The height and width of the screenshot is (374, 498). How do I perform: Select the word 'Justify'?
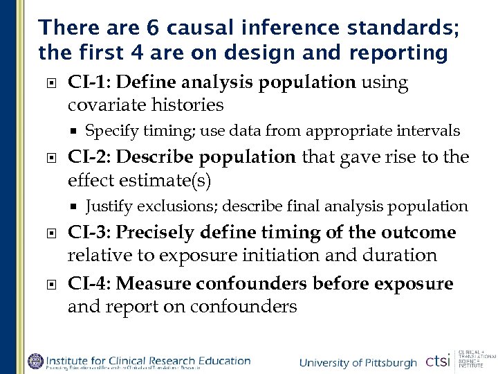coord(109,206)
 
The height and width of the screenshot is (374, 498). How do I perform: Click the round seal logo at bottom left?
coord(35,361)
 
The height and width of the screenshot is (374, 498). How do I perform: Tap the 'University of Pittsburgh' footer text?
coord(358,363)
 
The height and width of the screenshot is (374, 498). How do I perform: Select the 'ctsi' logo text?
coord(438,361)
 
